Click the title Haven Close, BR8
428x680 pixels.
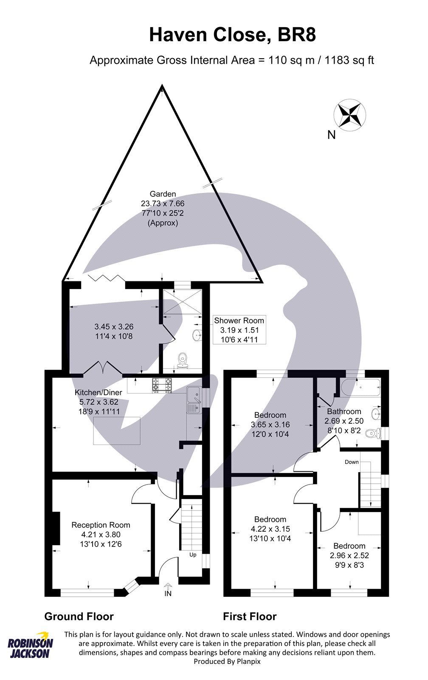[x=232, y=35]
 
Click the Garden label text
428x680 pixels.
[x=163, y=194]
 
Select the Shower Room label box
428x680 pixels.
[x=239, y=330]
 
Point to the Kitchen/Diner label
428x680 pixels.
[x=98, y=392]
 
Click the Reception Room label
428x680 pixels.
[x=101, y=525]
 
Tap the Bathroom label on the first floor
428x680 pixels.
[x=344, y=411]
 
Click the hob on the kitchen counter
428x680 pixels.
[x=163, y=385]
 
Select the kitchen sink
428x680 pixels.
[x=194, y=400]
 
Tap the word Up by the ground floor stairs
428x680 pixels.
[x=193, y=555]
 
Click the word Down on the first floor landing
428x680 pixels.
[x=352, y=462]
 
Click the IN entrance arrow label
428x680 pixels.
[x=168, y=593]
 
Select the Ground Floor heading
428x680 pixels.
[x=79, y=616]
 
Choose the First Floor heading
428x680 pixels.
[x=250, y=616]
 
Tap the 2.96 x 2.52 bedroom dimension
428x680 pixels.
[x=349, y=555]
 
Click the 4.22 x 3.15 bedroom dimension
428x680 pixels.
[x=270, y=529]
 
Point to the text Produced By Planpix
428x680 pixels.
[x=227, y=662]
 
